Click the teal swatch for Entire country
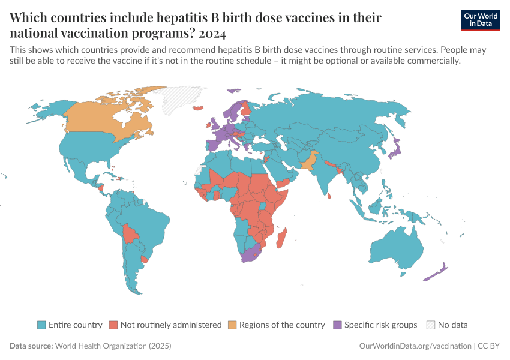[41, 325]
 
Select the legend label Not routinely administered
[171, 325]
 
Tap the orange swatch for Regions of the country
[232, 325]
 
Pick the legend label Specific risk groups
[380, 325]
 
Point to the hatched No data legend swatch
[430, 325]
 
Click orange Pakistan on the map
[307, 161]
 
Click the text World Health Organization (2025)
[113, 346]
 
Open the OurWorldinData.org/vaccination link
[415, 346]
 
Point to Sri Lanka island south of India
[329, 194]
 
